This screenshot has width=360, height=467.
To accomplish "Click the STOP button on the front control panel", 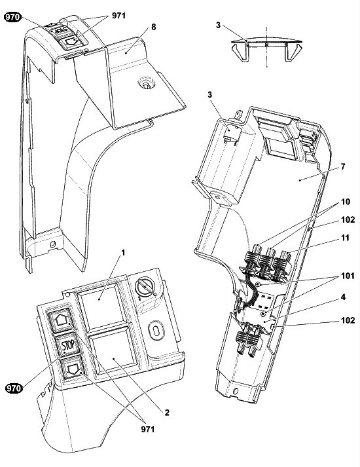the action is coord(68,345).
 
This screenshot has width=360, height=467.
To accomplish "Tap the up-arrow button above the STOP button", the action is coord(60,320).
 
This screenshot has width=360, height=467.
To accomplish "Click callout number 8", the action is coord(154,27).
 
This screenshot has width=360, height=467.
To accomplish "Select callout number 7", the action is coord(343,166).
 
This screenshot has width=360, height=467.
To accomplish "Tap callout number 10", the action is coord(346,202).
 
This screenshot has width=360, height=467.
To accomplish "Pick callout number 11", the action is coord(345,238).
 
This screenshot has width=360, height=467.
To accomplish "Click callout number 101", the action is coord(348,276).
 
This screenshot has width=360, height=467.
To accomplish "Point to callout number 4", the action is coord(343,297).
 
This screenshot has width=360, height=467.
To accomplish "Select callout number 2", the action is coord(167,413).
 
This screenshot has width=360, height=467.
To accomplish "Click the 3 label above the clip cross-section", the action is coord(218,26).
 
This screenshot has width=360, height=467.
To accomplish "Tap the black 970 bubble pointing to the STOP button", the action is coord(14,388).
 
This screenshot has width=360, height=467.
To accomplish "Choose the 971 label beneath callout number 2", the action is coord(148,429).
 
